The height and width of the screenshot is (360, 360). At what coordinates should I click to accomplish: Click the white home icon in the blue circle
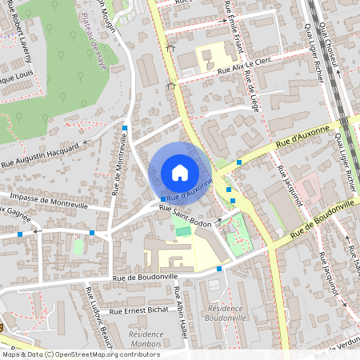point(179,172)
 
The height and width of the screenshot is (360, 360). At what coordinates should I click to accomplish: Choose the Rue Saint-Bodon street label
point(185,216)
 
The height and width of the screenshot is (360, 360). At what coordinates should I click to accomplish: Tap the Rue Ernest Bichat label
point(138,310)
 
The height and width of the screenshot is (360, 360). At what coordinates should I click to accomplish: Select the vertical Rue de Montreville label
point(120,164)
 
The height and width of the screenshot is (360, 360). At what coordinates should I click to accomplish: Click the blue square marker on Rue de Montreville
point(125,127)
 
